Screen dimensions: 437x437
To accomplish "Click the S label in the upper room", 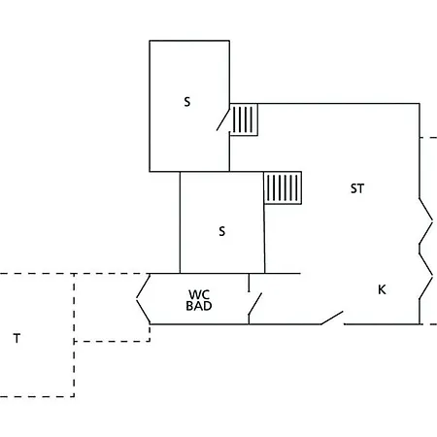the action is point(187,102).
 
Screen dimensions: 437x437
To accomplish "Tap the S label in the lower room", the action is point(221,231).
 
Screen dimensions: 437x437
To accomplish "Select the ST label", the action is point(357,188).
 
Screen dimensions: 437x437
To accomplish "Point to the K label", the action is point(382,289).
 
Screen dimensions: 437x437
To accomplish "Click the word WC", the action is point(199,294).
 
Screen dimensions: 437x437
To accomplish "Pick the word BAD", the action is point(199,306).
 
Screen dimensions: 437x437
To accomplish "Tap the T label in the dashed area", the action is point(17,338).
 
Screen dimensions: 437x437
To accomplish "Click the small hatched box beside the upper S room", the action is point(244,119).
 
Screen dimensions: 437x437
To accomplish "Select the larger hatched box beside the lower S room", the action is point(283,187).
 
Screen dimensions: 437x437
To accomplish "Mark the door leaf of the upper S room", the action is point(223,119).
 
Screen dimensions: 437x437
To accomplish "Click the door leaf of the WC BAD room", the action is point(255,304).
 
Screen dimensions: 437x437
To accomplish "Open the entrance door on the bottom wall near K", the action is point(332,318).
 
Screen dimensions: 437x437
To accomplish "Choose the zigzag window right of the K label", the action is point(426,276).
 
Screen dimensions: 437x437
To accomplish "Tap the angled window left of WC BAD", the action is point(143,298).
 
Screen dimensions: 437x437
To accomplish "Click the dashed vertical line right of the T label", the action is point(74,335).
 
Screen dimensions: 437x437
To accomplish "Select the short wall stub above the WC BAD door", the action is point(249,283).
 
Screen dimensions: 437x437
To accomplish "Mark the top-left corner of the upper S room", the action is point(150,41).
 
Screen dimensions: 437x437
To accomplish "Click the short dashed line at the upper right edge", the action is point(428,138).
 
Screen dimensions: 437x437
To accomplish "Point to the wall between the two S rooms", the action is point(205,172).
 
